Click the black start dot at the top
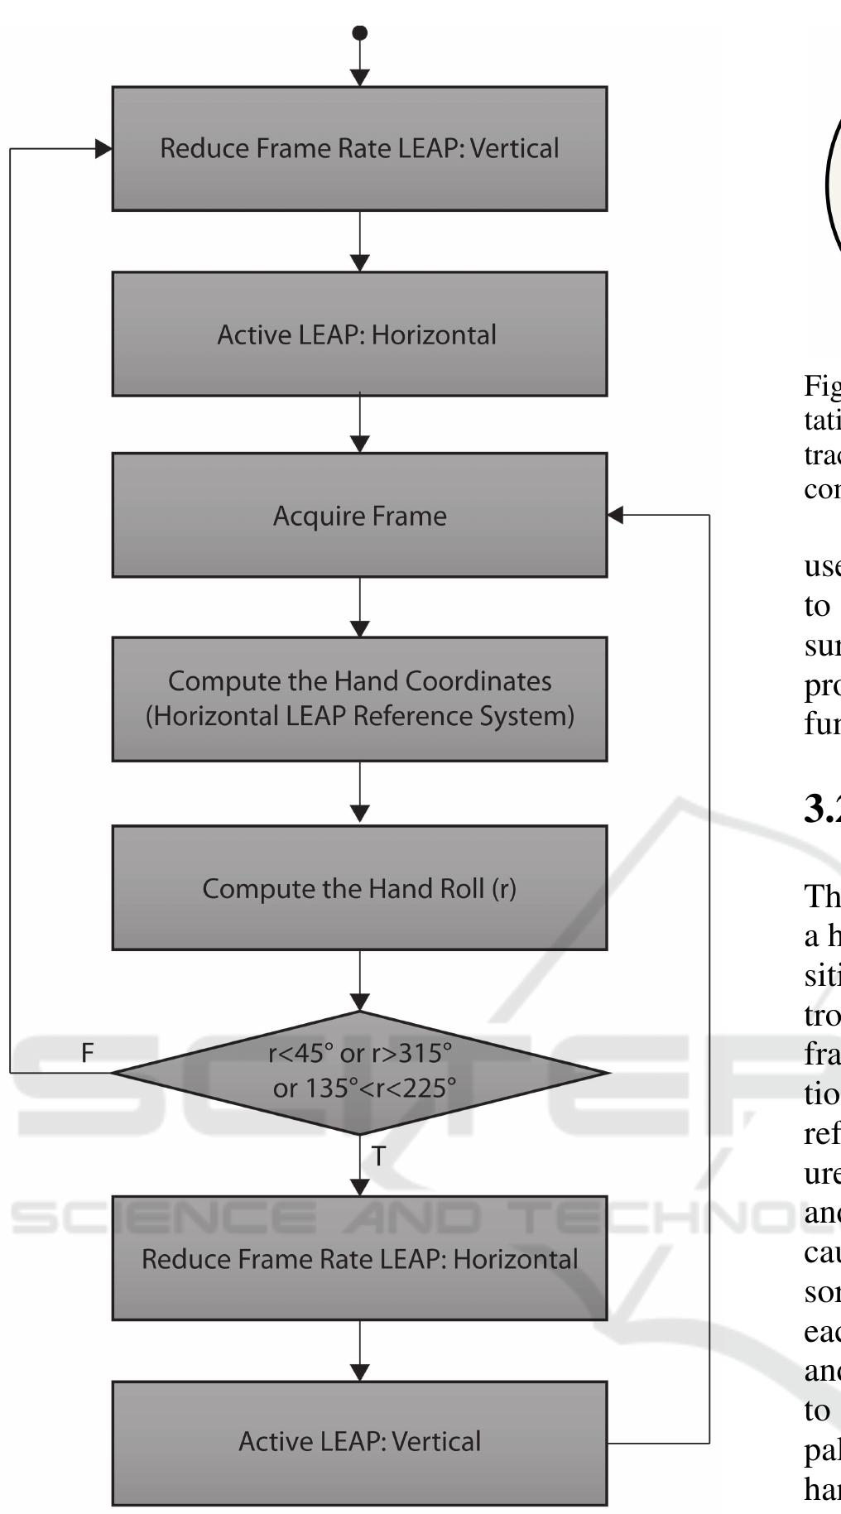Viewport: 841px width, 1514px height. pos(360,33)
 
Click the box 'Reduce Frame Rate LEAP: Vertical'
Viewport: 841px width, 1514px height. pos(359,149)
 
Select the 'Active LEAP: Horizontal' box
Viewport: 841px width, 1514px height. pos(359,334)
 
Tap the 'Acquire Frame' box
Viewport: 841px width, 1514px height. pos(359,515)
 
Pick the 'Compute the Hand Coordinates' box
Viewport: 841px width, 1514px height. pos(359,699)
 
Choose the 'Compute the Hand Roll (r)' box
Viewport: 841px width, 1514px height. pos(359,887)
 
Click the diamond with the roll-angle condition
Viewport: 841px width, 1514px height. pos(359,1072)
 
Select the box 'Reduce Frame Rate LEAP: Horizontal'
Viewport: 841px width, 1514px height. pos(359,1258)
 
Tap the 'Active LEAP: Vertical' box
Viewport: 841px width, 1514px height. pos(359,1441)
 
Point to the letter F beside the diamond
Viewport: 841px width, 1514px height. pos(88,1053)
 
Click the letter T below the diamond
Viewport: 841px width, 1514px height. pos(378,1156)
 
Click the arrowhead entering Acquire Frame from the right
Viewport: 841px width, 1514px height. pos(615,515)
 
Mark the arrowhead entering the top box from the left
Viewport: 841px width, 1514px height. pos(104,149)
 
